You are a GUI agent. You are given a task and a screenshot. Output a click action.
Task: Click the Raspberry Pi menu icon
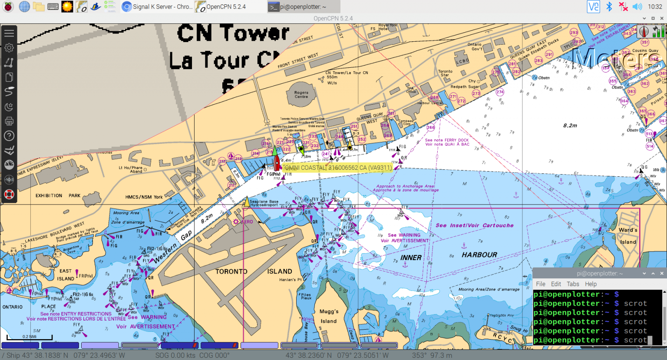pos(8,7)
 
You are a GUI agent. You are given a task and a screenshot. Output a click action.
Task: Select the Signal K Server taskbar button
pos(157,7)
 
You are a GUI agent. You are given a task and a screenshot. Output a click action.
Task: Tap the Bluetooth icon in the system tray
pos(609,7)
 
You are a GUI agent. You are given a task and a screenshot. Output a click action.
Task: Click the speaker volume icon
pos(637,7)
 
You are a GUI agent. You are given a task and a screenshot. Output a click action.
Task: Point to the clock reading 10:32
pos(655,7)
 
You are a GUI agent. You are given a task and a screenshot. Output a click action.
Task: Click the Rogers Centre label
pos(301,94)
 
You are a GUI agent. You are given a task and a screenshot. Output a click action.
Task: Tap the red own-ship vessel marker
pos(277,163)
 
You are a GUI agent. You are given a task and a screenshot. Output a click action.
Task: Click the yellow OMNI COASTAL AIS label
pos(337,168)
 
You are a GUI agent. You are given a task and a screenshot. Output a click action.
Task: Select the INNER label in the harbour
pos(411,258)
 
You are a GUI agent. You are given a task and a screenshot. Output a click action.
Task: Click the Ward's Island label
pos(628,236)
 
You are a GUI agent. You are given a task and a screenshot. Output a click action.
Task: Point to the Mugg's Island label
pos(329,316)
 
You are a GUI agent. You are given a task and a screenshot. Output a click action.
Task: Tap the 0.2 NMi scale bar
pos(30,337)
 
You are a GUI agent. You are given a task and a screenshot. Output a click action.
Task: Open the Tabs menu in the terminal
pos(573,284)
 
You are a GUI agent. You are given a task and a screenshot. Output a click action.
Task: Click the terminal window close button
pos(662,274)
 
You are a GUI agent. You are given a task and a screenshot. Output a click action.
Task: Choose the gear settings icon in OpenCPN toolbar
pos(9,48)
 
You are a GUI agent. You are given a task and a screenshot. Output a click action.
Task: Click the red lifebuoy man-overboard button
pos(9,194)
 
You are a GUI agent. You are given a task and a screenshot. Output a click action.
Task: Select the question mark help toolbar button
pos(9,136)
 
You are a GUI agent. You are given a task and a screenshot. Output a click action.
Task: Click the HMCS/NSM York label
pos(144,197)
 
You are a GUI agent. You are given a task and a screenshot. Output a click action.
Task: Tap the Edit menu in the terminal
pos(556,284)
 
